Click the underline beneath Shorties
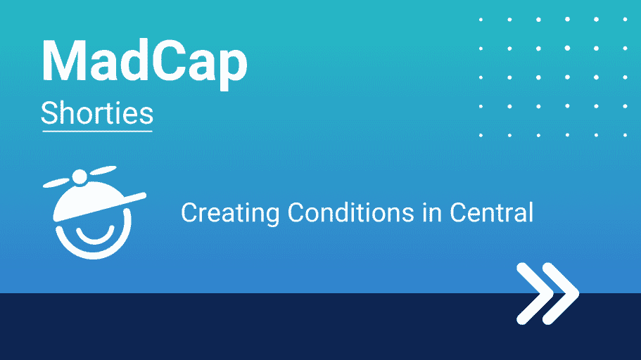[97, 131]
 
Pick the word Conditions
[350, 212]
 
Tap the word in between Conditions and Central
[432, 212]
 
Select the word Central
[491, 212]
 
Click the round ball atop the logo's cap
[80, 177]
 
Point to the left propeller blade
[56, 183]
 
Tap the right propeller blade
[103, 170]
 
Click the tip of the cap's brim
[144, 195]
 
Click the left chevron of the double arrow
[532, 294]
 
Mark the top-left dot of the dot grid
[481, 20]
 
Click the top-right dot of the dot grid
[625, 19]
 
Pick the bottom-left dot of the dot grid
[481, 135]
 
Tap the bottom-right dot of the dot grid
[625, 135]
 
